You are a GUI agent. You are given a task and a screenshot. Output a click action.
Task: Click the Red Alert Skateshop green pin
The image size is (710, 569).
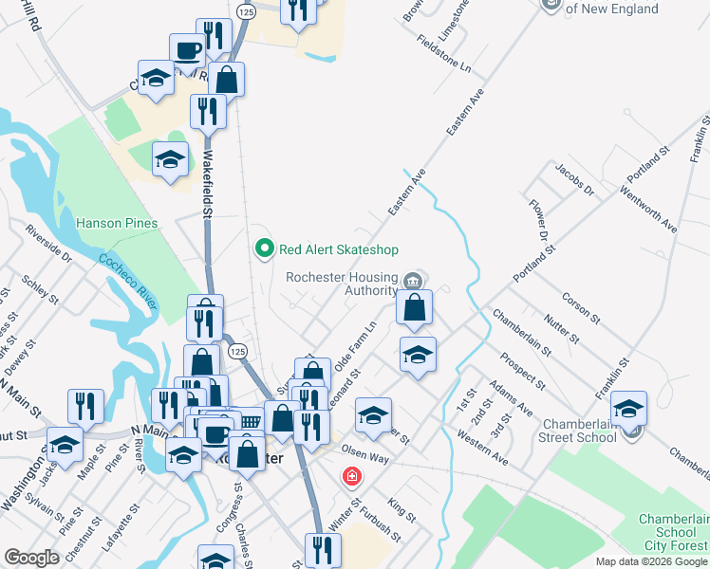pyautogui.click(x=265, y=249)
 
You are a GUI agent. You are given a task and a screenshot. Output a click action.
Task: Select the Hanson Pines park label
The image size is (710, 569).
pyautogui.click(x=117, y=224)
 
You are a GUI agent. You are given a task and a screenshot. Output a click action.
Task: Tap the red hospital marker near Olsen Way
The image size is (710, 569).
pyautogui.click(x=351, y=475)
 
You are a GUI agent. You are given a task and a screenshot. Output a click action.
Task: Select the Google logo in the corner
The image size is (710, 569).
pyautogui.click(x=31, y=558)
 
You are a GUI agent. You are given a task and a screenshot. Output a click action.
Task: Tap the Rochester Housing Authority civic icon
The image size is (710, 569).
pyautogui.click(x=412, y=281)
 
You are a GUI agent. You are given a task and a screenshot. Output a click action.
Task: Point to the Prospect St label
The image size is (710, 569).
pyautogui.click(x=523, y=371)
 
